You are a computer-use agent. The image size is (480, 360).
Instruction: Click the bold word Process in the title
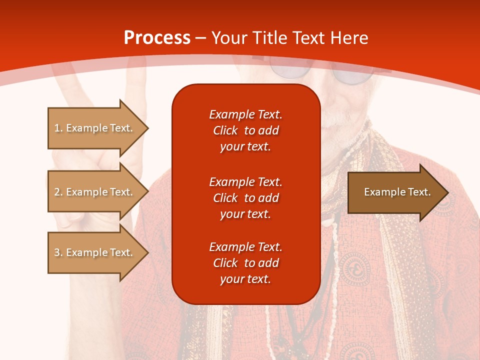click(157, 38)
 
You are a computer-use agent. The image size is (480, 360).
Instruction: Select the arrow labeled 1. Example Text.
click(93, 128)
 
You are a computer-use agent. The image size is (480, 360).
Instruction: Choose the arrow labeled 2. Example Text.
click(93, 192)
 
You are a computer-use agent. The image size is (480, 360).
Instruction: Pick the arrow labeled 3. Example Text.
click(93, 252)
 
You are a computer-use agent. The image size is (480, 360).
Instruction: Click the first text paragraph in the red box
click(245, 130)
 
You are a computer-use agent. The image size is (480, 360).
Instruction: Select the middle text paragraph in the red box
click(245, 197)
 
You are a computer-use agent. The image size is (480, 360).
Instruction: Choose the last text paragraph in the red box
click(245, 263)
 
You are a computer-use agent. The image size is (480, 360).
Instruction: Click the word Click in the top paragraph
click(225, 131)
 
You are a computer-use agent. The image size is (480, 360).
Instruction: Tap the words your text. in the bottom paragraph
click(245, 279)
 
